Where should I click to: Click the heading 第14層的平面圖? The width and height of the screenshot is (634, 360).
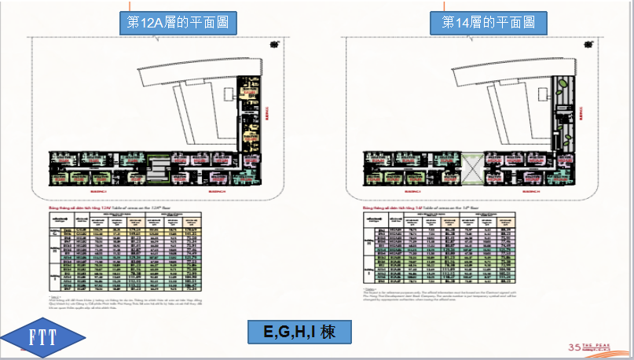489,23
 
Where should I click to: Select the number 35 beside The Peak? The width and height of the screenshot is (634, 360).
577,347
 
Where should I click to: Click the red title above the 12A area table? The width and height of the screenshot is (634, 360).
98,206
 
